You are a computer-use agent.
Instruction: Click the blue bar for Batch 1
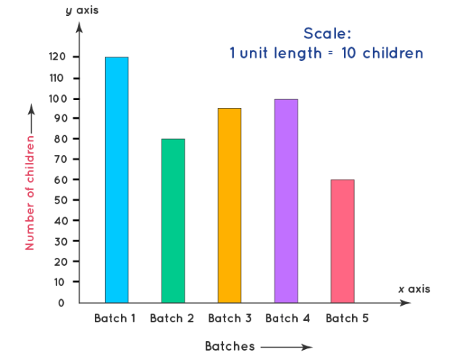pos(117,179)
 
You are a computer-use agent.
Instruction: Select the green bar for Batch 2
pos(173,220)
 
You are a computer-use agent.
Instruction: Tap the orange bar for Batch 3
pos(230,204)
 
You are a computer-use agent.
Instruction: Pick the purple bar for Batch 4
pos(286,200)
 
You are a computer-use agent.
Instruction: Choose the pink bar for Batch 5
pos(343,240)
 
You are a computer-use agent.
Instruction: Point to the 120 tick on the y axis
pos(58,57)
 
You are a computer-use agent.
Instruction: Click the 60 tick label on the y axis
pos(60,180)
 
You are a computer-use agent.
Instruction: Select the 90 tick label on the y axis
pos(60,118)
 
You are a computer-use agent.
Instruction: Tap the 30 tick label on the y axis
pos(60,240)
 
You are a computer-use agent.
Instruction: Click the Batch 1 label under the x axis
pos(115,319)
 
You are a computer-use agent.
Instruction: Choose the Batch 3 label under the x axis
pos(230,319)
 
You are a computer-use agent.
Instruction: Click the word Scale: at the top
pos(327,33)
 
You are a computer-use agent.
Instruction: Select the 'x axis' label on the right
pos(414,288)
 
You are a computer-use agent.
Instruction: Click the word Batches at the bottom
pos(230,346)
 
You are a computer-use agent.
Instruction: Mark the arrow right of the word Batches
pos(286,347)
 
